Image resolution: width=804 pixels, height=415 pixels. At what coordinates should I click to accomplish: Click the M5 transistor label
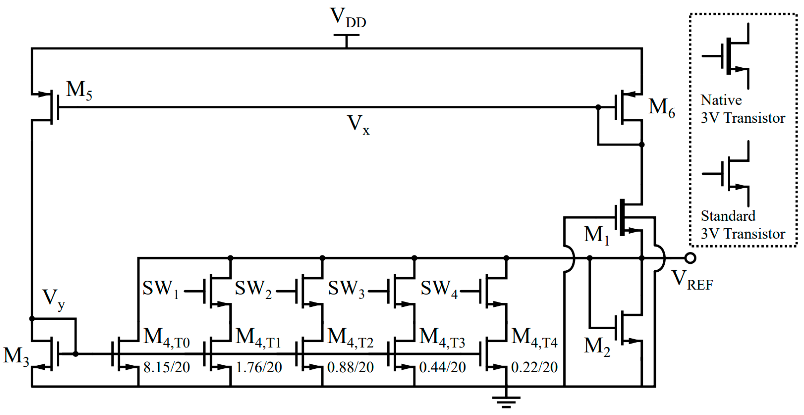coord(79,91)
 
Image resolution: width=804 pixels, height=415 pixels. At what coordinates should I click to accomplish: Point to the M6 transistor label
coord(661,108)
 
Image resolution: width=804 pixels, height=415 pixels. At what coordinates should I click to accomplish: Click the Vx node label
coord(358,124)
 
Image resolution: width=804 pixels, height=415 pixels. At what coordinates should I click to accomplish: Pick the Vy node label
coord(53,298)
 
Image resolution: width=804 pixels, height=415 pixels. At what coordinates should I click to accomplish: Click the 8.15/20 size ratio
coord(166,367)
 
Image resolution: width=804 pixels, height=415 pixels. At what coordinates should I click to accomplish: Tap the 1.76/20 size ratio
coord(259,367)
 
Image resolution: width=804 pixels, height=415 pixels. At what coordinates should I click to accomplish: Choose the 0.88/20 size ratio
coord(350,367)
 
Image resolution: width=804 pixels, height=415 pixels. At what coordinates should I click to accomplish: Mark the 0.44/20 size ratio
coord(442,367)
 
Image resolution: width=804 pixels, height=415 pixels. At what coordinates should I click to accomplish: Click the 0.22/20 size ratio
coord(534,367)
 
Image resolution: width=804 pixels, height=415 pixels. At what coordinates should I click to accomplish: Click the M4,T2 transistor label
coord(350,338)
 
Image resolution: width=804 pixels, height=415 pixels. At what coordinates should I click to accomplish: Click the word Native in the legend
coord(721,100)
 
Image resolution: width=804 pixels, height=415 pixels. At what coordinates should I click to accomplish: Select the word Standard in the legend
coord(728,216)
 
